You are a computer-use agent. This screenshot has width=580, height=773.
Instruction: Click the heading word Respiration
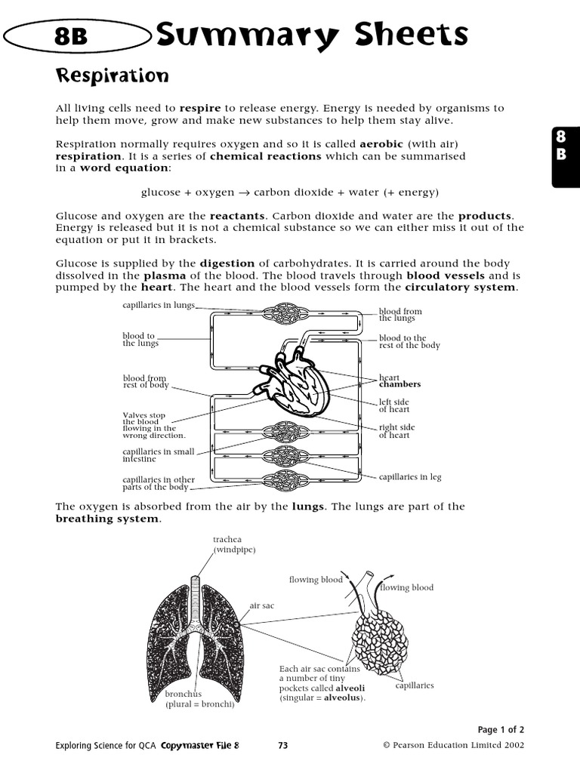[112, 76]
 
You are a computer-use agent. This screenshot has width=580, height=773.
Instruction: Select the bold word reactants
[236, 215]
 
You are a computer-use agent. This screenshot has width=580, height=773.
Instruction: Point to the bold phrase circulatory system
[461, 288]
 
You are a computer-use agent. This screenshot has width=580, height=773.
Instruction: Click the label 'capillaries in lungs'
[159, 305]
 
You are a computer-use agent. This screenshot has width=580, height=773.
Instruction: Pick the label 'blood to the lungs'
[140, 340]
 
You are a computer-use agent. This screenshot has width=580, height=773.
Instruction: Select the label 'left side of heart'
[393, 406]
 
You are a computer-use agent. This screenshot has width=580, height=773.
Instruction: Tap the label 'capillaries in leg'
[410, 477]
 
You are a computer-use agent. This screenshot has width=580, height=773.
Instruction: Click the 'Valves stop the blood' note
[153, 425]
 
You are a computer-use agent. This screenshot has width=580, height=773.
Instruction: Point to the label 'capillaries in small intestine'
[158, 455]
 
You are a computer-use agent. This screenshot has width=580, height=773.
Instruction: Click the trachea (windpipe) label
[234, 544]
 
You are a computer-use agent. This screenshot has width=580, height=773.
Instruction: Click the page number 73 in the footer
[283, 746]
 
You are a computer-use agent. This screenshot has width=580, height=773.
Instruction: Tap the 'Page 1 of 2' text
[501, 729]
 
